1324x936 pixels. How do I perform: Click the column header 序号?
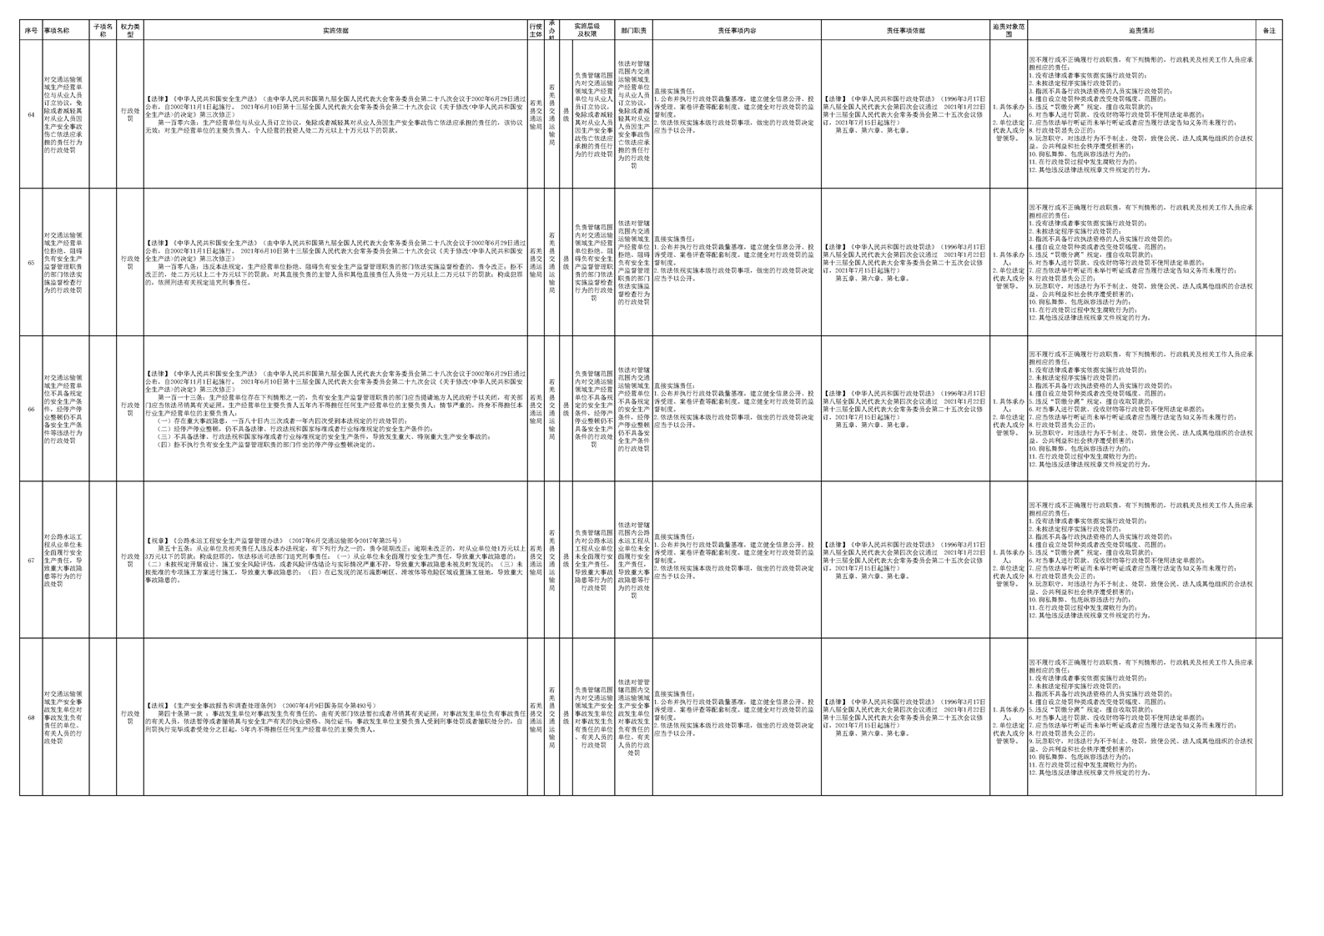pyautogui.click(x=31, y=31)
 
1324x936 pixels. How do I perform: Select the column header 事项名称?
pyautogui.click(x=57, y=31)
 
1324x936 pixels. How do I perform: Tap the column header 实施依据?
pyautogui.click(x=335, y=31)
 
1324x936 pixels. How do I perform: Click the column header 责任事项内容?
pyautogui.click(x=737, y=31)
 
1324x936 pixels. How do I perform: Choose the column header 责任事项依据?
pyautogui.click(x=905, y=31)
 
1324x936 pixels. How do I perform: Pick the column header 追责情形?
pyautogui.click(x=1141, y=31)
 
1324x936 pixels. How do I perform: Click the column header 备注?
pyautogui.click(x=1268, y=31)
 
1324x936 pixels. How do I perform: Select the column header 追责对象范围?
pyautogui.click(x=1009, y=31)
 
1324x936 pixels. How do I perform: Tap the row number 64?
pyautogui.click(x=31, y=115)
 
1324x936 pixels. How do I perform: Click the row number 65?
pyautogui.click(x=31, y=263)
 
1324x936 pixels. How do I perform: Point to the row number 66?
pyautogui.click(x=31, y=410)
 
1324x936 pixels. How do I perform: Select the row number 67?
pyautogui.click(x=31, y=561)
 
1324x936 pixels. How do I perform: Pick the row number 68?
pyautogui.click(x=31, y=717)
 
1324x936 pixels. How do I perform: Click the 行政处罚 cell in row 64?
pyautogui.click(x=129, y=115)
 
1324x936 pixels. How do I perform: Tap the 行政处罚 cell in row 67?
pyautogui.click(x=129, y=561)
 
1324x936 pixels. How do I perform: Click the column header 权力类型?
pyautogui.click(x=129, y=31)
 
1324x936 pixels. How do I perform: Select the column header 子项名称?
pyautogui.click(x=103, y=31)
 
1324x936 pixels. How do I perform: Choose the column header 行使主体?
pyautogui.click(x=536, y=31)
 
